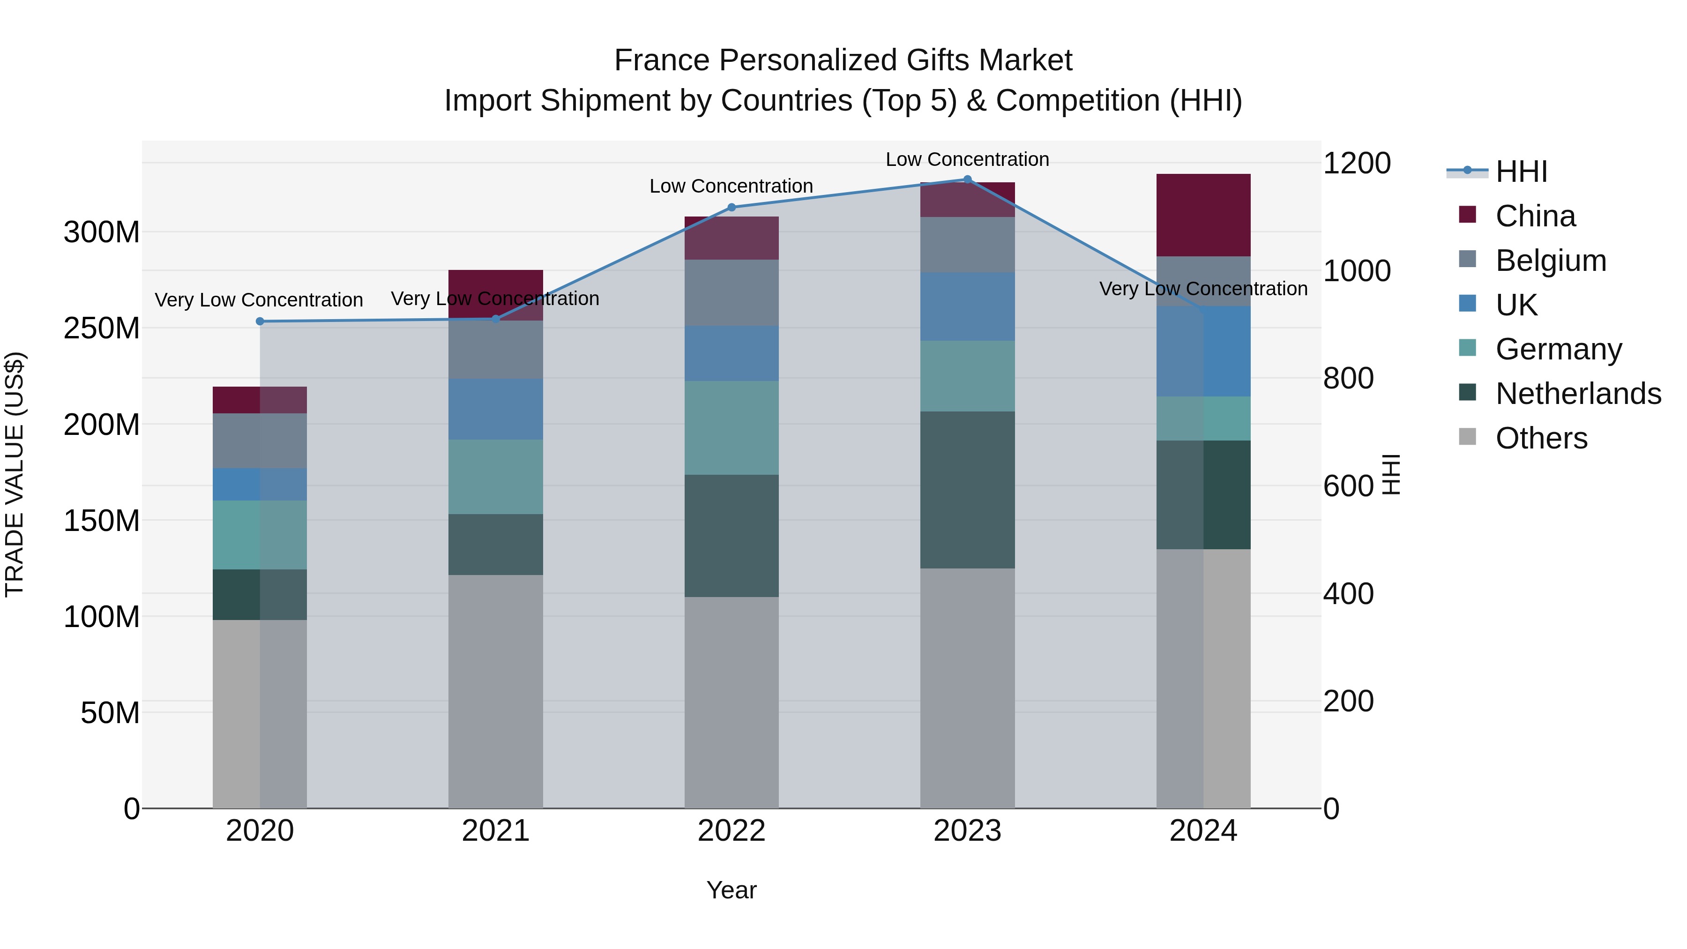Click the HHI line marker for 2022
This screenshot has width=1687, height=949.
pyautogui.click(x=732, y=208)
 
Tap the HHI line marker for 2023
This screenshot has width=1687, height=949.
pyautogui.click(x=967, y=179)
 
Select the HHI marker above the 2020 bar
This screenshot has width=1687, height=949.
pyautogui.click(x=260, y=321)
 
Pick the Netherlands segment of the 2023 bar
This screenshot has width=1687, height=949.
pyautogui.click(x=967, y=489)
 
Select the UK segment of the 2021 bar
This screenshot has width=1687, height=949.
pyautogui.click(x=496, y=409)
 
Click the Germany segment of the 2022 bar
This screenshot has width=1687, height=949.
pyautogui.click(x=732, y=428)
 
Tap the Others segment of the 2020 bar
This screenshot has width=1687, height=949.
pyautogui.click(x=260, y=713)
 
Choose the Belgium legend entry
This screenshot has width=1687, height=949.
pyautogui.click(x=1550, y=261)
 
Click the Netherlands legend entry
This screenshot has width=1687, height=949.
pyautogui.click(x=1578, y=394)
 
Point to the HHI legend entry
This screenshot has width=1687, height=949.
pyautogui.click(x=1521, y=172)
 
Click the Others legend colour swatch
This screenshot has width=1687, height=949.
pyautogui.click(x=1468, y=437)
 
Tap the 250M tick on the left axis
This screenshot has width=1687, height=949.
pyautogui.click(x=102, y=328)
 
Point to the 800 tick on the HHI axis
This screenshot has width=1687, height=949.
pyautogui.click(x=1348, y=379)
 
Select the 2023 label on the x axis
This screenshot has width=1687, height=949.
pyautogui.click(x=967, y=831)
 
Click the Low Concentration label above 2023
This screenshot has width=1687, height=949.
pyautogui.click(x=967, y=159)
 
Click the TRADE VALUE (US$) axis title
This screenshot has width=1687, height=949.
pyautogui.click(x=15, y=474)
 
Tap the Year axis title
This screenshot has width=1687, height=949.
pyautogui.click(x=732, y=890)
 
